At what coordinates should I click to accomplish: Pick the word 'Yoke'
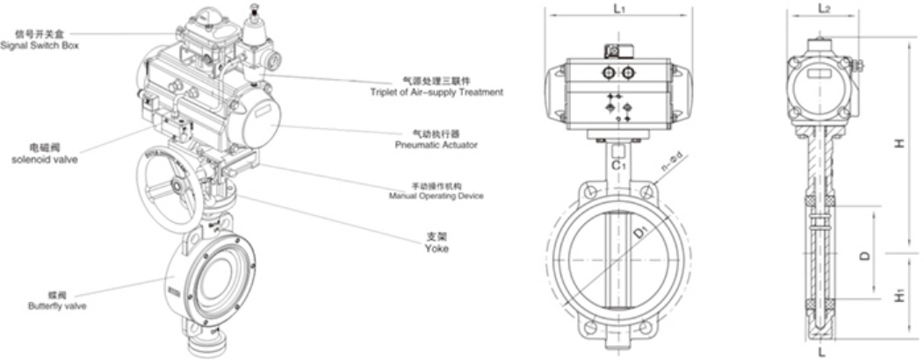[x=437, y=248]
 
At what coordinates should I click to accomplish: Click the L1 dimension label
[x=618, y=10]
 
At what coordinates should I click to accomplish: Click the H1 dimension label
[x=899, y=298]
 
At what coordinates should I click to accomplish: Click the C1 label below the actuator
[x=618, y=164]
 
